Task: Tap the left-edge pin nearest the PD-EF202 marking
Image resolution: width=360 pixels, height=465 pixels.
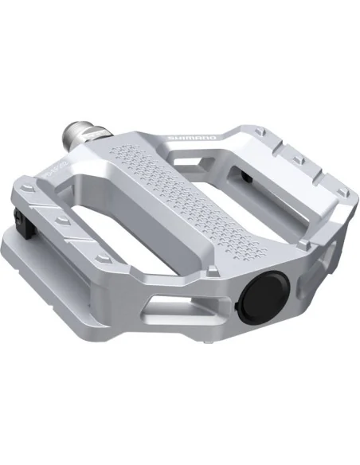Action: click(29, 190)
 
